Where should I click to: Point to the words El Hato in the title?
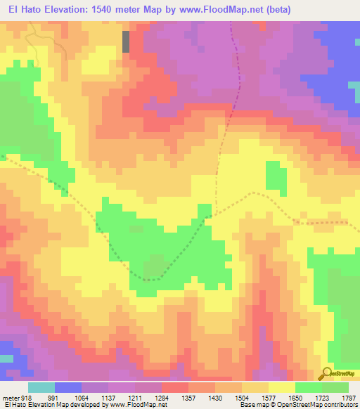[x=24, y=9]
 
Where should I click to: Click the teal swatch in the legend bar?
[x=41, y=387]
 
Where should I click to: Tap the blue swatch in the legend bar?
[x=68, y=387]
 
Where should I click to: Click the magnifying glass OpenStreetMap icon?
[x=325, y=374]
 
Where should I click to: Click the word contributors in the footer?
[x=341, y=405]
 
